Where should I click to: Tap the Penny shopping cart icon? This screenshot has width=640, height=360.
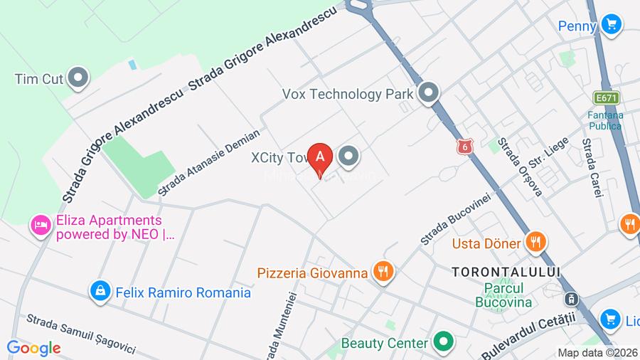(610, 25)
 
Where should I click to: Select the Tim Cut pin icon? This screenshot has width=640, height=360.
(78, 78)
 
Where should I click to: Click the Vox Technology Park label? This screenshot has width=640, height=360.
(348, 93)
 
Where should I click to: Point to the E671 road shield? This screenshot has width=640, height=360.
(606, 97)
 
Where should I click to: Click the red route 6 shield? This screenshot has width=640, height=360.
(465, 146)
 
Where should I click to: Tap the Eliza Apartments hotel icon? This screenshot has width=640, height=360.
(40, 226)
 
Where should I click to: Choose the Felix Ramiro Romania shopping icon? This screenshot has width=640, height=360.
(100, 291)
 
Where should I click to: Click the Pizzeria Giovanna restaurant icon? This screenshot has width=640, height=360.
(384, 271)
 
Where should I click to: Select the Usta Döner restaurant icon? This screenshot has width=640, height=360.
(535, 242)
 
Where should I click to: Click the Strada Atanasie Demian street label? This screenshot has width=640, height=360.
(209, 162)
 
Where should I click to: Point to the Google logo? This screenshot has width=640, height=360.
(33, 348)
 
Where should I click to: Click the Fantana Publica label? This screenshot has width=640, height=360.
(605, 120)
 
